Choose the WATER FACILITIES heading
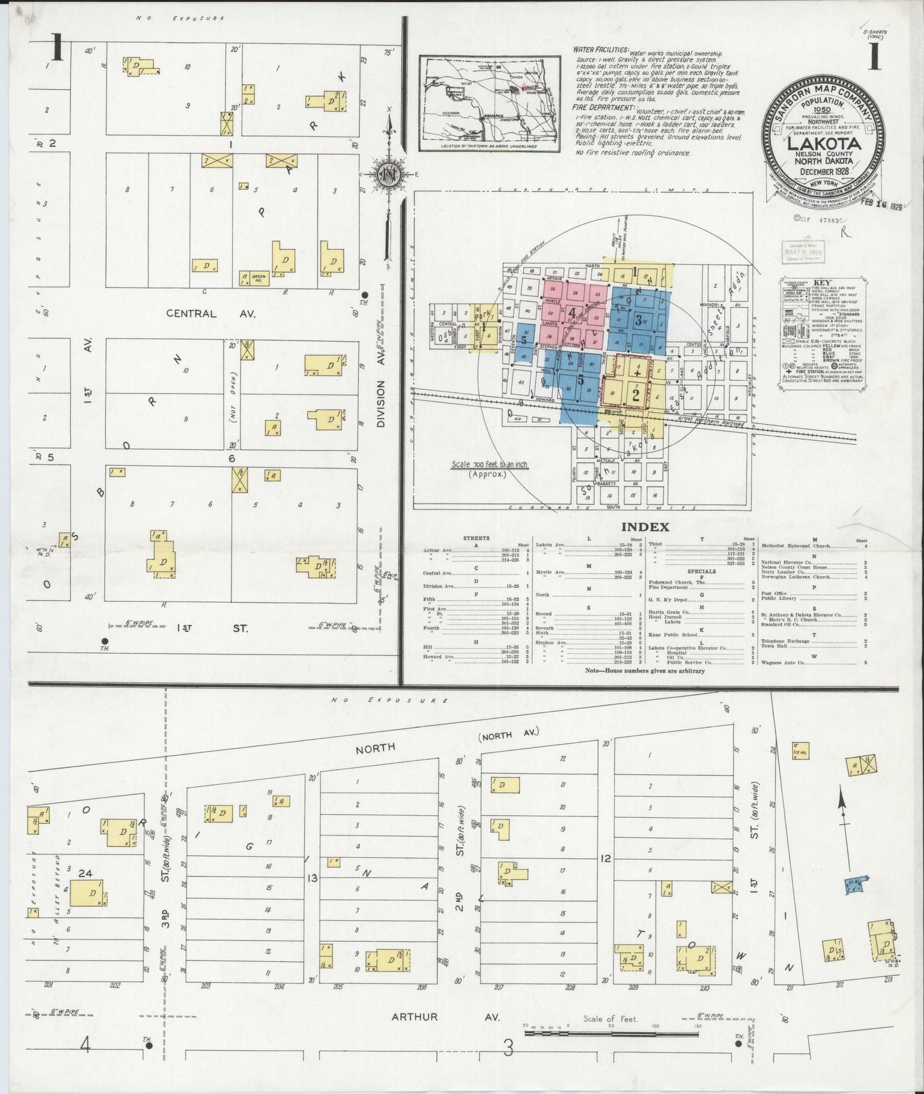(600, 49)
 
